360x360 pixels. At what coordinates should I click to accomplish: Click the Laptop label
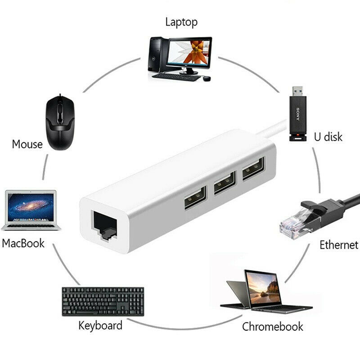(181, 21)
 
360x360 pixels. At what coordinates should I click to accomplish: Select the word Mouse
(27, 144)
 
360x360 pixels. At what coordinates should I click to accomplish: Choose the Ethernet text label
(339, 245)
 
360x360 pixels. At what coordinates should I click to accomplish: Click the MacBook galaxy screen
(31, 207)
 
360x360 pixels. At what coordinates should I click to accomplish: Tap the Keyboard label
(100, 325)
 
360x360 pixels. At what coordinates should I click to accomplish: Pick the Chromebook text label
(273, 326)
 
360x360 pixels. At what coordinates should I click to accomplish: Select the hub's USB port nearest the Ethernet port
(194, 198)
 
